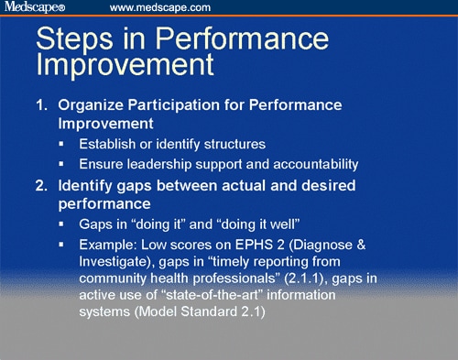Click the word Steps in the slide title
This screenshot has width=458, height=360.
(81, 41)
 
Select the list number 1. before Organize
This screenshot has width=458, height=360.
(42, 106)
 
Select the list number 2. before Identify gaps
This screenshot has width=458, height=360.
(42, 186)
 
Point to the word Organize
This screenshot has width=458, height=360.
(94, 106)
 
